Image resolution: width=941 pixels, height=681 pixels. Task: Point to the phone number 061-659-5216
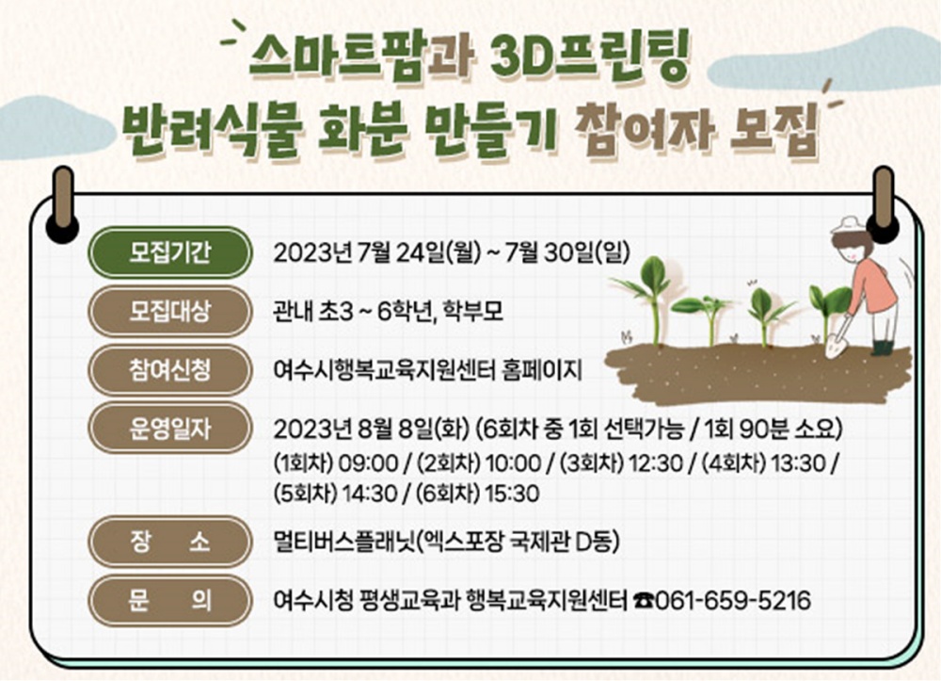tap(734, 601)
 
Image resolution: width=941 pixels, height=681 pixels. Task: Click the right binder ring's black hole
tap(884, 229)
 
